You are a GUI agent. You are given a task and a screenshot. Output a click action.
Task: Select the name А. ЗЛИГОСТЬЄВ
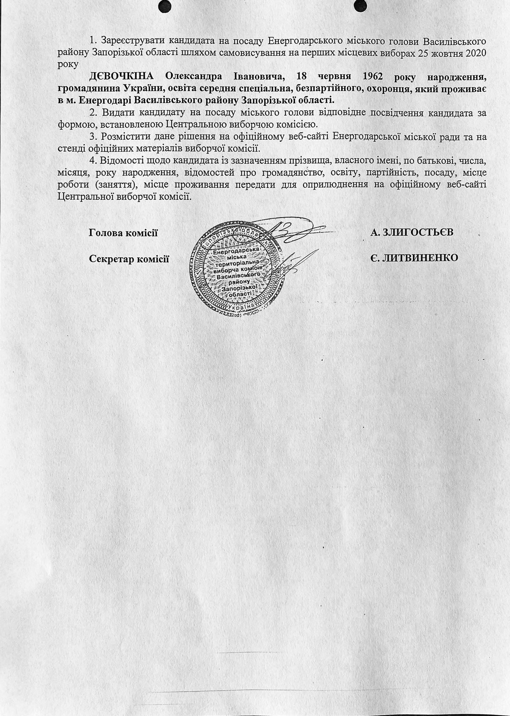pyautogui.click(x=412, y=232)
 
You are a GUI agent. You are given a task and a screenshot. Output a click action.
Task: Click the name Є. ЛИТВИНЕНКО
pyautogui.click(x=415, y=258)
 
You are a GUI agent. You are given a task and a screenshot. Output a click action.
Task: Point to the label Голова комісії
pyautogui.click(x=123, y=233)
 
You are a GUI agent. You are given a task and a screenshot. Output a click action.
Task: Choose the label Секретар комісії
pyautogui.click(x=129, y=259)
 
